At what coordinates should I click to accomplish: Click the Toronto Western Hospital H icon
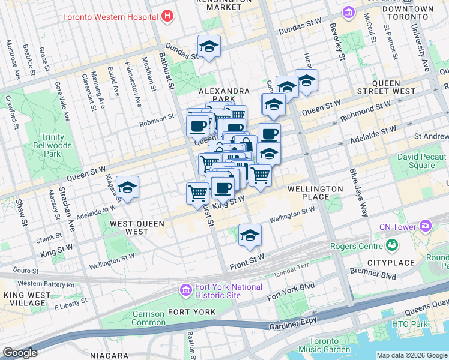[x=167, y=15]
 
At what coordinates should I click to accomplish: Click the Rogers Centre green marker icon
[x=392, y=245]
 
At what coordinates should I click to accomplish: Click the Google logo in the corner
[x=20, y=353]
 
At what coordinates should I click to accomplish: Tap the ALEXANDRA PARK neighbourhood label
[x=224, y=95]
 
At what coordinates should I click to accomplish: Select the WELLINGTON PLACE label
[x=315, y=193]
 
